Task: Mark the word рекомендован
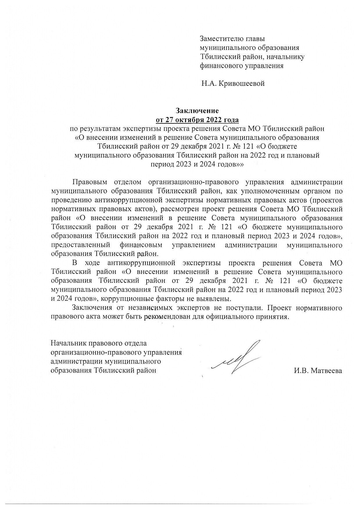(163, 316)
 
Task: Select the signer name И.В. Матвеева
(318, 370)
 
